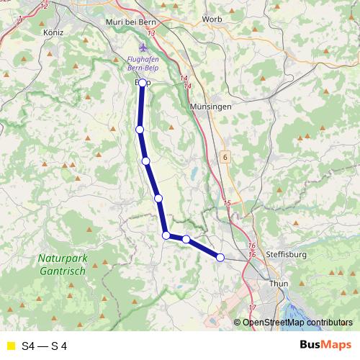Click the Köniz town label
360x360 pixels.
[35, 32]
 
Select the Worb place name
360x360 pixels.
[212, 19]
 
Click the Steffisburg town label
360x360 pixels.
[286, 255]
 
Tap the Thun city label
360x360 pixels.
[278, 284]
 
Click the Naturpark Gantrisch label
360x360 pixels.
[62, 264]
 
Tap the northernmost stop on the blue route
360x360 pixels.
[143, 83]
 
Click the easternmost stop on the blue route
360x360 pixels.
[220, 257]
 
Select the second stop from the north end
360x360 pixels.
[140, 129]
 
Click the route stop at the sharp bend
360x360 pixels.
[166, 235]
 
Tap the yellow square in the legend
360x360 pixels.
[10, 346]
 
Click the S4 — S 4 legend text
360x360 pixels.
[45, 346]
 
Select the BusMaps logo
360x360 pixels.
[325, 345]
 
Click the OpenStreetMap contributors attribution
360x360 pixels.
[297, 322]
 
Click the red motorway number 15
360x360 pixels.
[228, 204]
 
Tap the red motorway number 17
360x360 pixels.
[251, 307]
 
